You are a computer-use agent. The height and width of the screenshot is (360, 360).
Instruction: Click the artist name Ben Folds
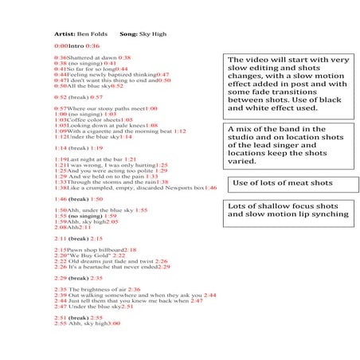pos(93,35)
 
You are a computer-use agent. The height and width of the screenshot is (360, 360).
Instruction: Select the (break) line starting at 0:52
pos(78,96)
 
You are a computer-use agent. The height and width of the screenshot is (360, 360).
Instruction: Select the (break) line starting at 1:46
pos(78,199)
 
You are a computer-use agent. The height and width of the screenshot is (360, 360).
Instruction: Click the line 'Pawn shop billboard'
pos(96,250)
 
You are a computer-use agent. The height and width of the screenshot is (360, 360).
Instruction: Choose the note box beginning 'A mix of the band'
pos(288,144)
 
